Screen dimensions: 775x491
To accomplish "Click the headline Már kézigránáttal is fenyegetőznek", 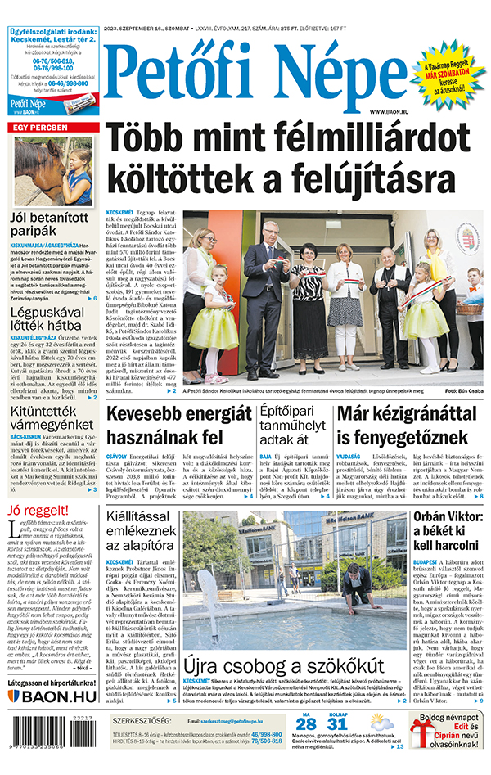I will click(x=410, y=426).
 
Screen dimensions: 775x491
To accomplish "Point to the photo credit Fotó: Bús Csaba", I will click(x=462, y=391).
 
